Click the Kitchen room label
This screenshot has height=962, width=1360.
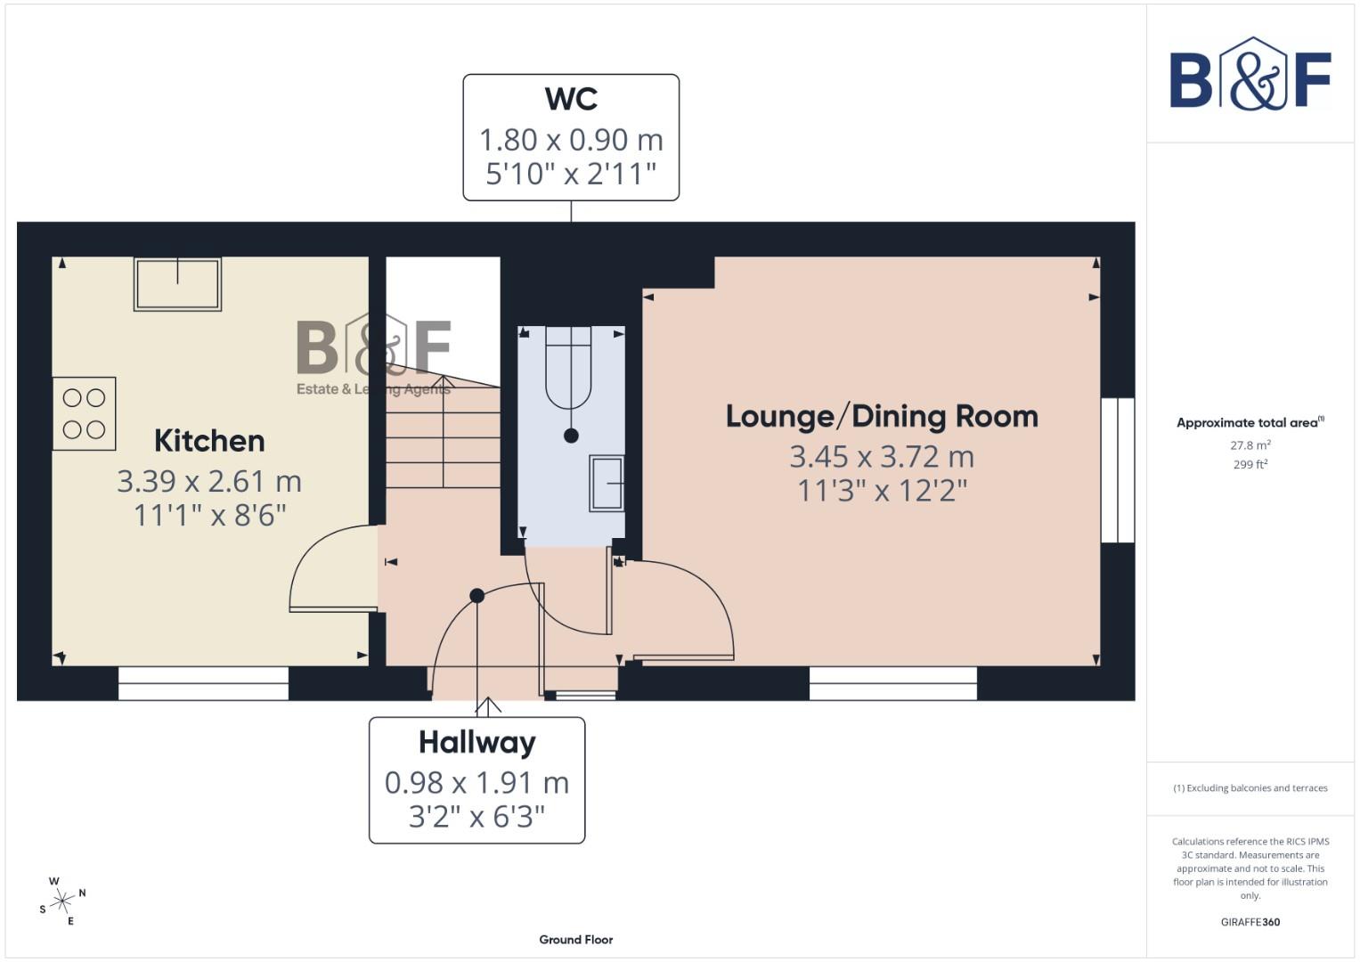pos(209,441)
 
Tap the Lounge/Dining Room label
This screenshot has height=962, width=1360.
pos(882,416)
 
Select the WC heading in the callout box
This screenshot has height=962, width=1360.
pos(571,99)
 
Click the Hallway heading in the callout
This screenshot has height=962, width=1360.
pos(477,742)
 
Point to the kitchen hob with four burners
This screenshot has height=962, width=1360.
pos(85,413)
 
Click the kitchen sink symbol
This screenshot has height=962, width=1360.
pos(177,284)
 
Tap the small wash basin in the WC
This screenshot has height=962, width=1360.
pos(607,484)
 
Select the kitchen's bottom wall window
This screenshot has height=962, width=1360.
pos(203,683)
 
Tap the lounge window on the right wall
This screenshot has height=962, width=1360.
pos(1118,470)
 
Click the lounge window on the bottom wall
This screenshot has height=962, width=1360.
pos(892,683)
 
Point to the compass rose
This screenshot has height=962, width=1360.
pos(62,901)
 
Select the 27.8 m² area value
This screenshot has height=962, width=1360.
pos(1250,445)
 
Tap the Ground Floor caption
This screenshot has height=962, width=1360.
pos(575,940)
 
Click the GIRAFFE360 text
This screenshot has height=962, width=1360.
pos(1250,922)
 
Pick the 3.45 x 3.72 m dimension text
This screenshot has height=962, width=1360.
pos(882,457)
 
